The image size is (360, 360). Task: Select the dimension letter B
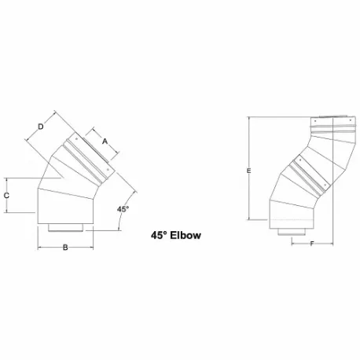tap(66, 248)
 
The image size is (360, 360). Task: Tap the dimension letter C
tap(7, 193)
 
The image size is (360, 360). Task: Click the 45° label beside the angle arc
tap(123, 209)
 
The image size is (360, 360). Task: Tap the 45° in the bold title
tap(160, 234)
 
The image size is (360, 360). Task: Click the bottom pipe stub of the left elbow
tap(66, 228)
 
